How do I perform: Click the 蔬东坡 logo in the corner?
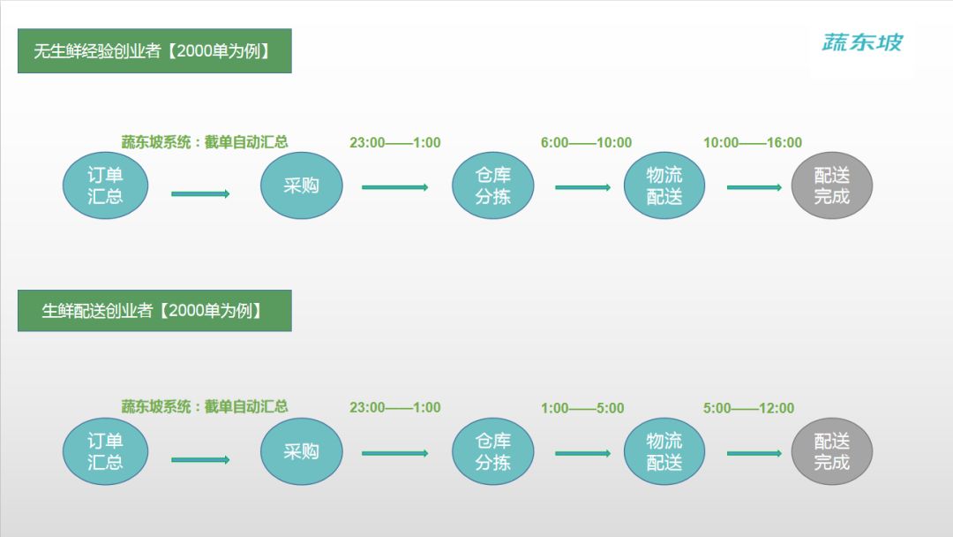coord(862,42)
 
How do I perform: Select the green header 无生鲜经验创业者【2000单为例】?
coord(154,51)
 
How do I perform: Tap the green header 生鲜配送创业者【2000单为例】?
coord(154,311)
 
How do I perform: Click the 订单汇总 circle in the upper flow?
coord(105,185)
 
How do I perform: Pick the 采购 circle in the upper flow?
coord(302,185)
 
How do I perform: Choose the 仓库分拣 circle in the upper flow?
coord(493,185)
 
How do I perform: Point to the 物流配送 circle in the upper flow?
coord(664,185)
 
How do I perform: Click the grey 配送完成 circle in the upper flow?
coord(831,185)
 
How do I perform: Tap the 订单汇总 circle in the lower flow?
coord(105,451)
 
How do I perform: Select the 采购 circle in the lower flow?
coord(302,451)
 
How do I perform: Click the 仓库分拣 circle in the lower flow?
coord(493,451)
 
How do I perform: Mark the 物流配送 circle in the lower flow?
coord(664,451)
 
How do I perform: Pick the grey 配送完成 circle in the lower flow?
coord(831,451)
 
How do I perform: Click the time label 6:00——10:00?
coord(586,143)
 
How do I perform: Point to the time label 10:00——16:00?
coord(753,143)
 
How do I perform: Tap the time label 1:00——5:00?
coord(582,408)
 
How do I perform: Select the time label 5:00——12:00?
coord(749,408)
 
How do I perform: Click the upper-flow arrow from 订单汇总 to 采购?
coord(200,194)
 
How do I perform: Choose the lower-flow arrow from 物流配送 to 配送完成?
coord(754,453)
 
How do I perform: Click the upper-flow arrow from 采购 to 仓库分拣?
coord(395,187)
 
